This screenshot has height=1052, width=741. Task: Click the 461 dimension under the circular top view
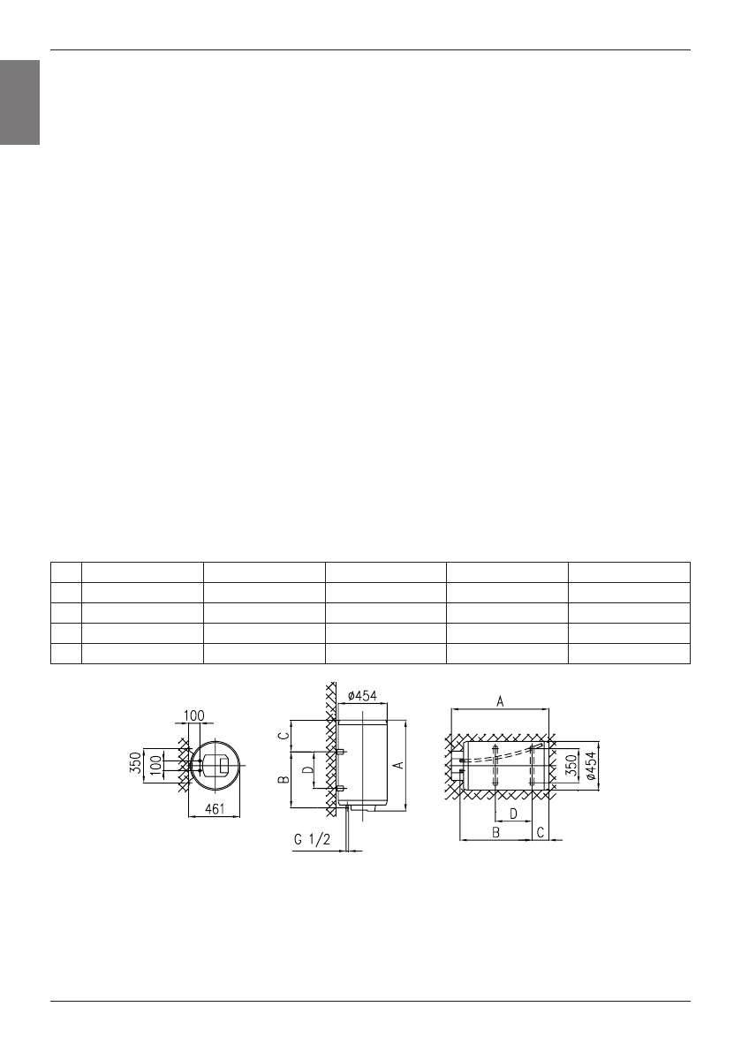pos(214,809)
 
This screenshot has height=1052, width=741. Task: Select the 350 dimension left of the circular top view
pos(136,763)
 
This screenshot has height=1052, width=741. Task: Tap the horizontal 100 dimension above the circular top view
pos(193,715)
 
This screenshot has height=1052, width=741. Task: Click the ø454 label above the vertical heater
pos(362,696)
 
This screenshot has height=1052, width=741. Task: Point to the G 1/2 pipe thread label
pos(313,838)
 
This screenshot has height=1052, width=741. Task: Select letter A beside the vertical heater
pos(398,764)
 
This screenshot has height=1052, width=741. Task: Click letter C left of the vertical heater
pos(284,735)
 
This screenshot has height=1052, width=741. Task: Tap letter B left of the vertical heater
pos(284,779)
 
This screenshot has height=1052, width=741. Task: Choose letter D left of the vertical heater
pos(307,769)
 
